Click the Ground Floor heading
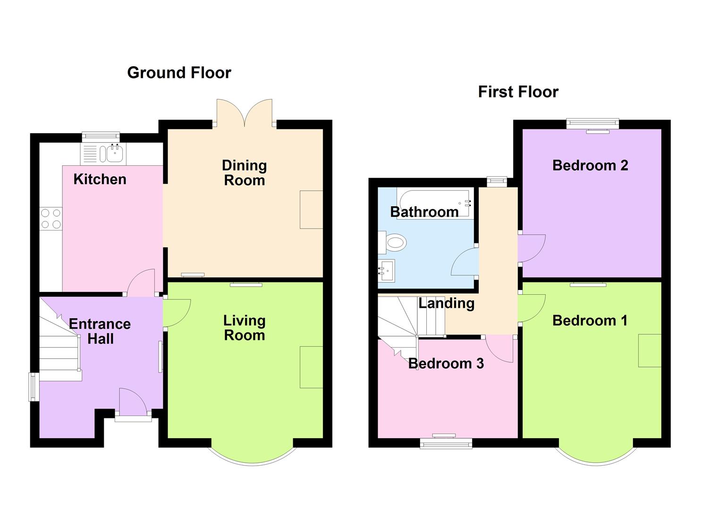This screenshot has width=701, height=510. coord(179,73)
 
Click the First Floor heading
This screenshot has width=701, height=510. coord(518,92)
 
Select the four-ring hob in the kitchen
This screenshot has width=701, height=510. coord(51,218)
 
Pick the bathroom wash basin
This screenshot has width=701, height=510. coord(387,271)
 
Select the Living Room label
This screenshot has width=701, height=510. coord(244,328)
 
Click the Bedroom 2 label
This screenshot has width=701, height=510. coord(590,165)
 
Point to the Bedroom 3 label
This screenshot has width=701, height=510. coord(446,363)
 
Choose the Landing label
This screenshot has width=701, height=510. coord(446,303)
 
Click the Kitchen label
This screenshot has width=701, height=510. coord(100,179)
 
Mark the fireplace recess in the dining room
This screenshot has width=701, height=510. coord(311,210)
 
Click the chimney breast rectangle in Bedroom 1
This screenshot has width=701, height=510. coord(649,350)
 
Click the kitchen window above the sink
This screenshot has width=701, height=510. coord(101,137)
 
